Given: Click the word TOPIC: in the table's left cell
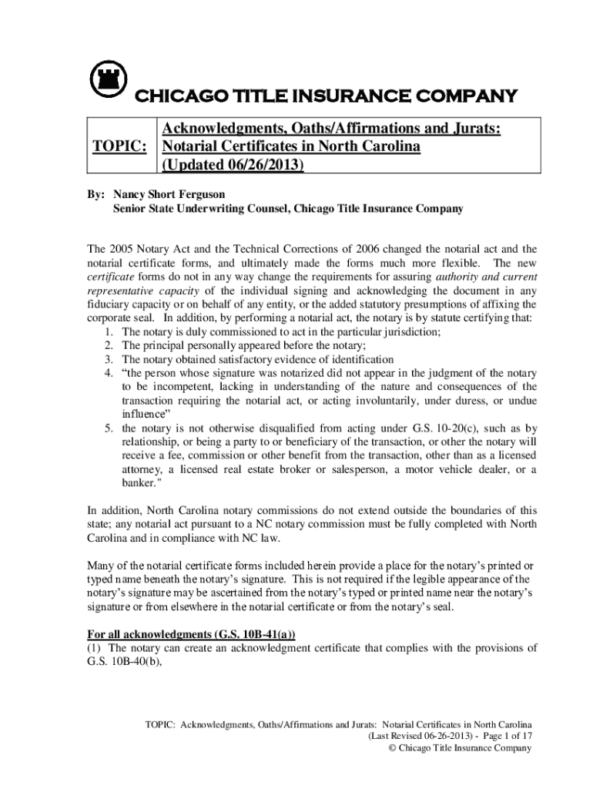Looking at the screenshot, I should click(119, 146).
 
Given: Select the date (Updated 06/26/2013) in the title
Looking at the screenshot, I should click(231, 165).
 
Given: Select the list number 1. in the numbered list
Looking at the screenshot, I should click(109, 332).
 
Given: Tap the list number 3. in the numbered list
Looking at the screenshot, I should click(109, 360).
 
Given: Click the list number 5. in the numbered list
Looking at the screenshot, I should click(109, 428).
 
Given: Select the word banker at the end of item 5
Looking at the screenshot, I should click(139, 484).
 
